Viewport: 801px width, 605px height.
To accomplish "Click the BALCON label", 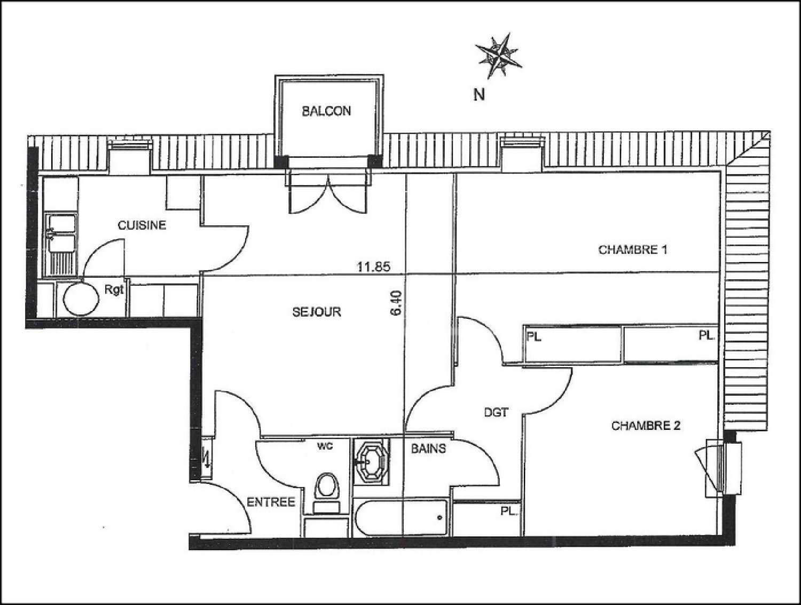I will [x=326, y=111].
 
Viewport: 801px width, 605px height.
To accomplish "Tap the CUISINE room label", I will [x=142, y=225].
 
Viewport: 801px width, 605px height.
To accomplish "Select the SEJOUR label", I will [x=317, y=312].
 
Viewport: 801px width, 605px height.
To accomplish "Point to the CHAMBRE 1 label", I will [x=633, y=250].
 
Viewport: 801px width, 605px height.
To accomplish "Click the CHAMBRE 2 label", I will [x=646, y=426].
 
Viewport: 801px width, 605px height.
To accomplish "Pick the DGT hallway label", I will [x=496, y=412].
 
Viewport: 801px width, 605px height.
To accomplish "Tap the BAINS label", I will [x=428, y=449].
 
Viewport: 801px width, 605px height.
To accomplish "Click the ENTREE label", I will [x=271, y=502].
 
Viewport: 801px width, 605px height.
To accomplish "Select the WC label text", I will [x=325, y=446].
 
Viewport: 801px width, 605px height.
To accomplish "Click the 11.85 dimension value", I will [x=374, y=266].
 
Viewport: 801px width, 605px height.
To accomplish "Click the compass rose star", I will [x=499, y=54].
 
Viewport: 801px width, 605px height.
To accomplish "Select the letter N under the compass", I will [x=480, y=95].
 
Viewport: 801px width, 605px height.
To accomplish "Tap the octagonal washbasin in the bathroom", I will [x=370, y=461].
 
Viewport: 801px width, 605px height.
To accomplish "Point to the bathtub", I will [x=400, y=518].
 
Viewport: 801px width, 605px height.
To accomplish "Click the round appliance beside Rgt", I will [x=82, y=298].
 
